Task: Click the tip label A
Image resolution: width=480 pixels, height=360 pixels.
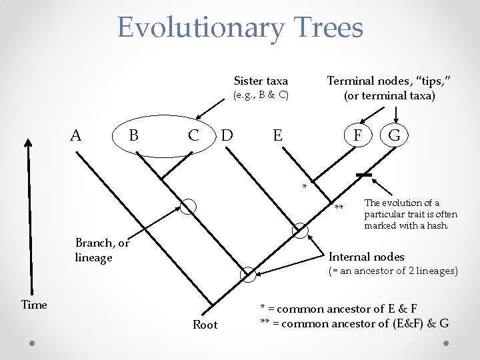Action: (x=76, y=135)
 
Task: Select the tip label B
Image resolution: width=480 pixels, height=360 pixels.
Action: (x=133, y=135)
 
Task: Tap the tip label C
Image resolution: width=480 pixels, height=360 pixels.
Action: (x=193, y=135)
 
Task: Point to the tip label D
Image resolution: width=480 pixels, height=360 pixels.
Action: (x=227, y=135)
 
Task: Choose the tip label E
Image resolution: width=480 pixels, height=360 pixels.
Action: (x=277, y=135)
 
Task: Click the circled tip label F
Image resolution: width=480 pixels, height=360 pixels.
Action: (x=358, y=135)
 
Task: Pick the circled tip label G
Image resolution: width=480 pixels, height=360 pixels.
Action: (x=394, y=135)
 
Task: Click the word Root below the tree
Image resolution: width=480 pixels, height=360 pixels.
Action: (x=205, y=325)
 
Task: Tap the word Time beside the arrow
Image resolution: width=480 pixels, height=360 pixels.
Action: (x=34, y=305)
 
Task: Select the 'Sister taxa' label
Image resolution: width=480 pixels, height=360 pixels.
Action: (x=261, y=81)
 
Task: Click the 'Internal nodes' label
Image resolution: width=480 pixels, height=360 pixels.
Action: (x=367, y=257)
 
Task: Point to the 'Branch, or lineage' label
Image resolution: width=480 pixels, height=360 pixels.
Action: (x=102, y=250)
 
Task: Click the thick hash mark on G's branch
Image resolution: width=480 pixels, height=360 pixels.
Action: (x=364, y=175)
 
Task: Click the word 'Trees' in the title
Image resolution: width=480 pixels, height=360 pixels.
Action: (x=327, y=28)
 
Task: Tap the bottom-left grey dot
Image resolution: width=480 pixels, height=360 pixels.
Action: (x=32, y=342)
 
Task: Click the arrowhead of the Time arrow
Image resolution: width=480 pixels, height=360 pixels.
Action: (x=28, y=142)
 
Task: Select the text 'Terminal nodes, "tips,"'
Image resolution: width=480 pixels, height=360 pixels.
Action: (x=389, y=81)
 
